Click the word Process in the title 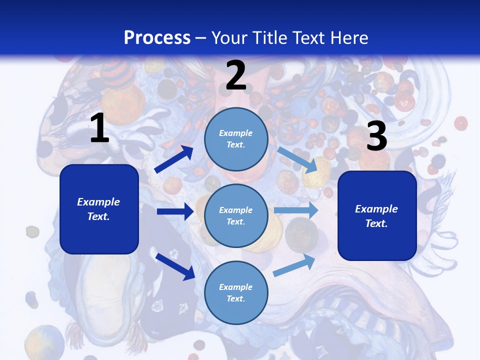tap(157, 38)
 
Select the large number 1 tap(99, 128)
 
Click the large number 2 tap(236, 75)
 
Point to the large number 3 tap(376, 136)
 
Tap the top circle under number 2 tap(236, 139)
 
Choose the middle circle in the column tap(236, 215)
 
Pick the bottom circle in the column tap(236, 292)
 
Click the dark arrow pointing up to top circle tap(174, 159)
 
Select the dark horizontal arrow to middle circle tap(175, 211)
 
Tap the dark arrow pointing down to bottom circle tap(175, 266)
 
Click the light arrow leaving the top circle tap(298, 160)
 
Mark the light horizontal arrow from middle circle tap(296, 210)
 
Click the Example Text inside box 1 tap(98, 209)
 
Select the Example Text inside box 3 tap(376, 216)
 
